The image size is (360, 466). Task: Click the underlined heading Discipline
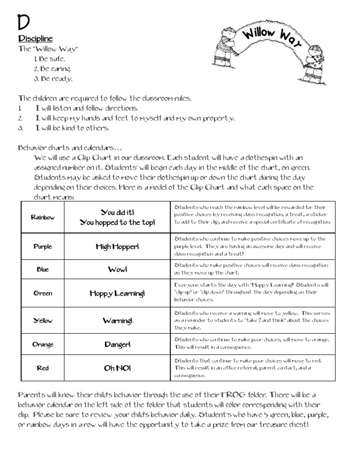tap(35, 38)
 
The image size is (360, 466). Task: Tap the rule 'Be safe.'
tap(50, 59)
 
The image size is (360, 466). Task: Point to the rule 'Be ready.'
tap(53, 78)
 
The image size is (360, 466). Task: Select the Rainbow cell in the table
tap(43, 217)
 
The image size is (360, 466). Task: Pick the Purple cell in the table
tap(43, 246)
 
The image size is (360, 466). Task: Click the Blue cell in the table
tap(43, 270)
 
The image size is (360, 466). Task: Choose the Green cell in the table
tap(43, 293)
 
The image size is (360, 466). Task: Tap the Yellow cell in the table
tap(43, 321)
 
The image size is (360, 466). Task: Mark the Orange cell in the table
tap(43, 345)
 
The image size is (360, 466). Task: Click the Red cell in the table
tap(43, 368)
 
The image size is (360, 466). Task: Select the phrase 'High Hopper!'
tap(117, 246)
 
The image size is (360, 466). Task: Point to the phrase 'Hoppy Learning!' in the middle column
tap(117, 293)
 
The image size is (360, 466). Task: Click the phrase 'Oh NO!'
tap(117, 368)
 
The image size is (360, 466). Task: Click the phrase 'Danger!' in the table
tap(117, 345)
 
